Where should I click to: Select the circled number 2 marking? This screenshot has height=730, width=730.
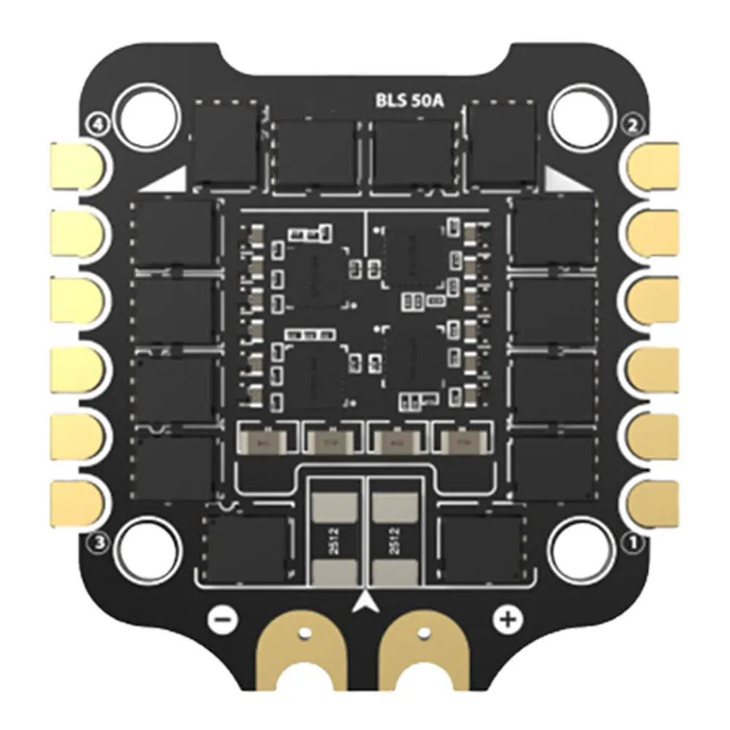(x=632, y=125)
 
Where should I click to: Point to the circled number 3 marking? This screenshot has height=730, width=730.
(x=98, y=542)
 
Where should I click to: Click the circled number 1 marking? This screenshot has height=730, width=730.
(x=632, y=542)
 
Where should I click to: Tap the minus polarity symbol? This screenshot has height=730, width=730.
(x=223, y=619)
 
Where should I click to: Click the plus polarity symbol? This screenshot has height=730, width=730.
(x=505, y=619)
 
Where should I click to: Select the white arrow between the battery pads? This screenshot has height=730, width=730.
(x=365, y=602)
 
